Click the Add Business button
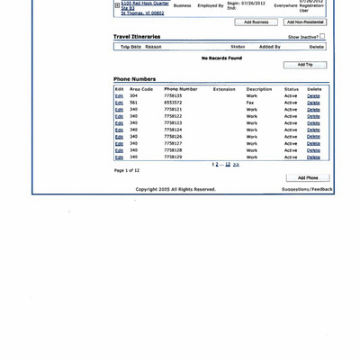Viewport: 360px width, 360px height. (256, 22)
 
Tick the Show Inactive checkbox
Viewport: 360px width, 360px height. (323, 37)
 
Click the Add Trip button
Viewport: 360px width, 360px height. (305, 65)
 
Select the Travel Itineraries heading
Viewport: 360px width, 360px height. (137, 37)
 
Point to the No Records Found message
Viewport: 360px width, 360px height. (221, 58)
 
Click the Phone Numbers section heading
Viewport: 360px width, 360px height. (134, 79)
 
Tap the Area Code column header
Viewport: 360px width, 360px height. (141, 89)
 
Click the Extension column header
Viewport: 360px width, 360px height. (224, 89)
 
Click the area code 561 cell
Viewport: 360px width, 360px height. (134, 103)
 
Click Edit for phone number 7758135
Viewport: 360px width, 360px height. (119, 96)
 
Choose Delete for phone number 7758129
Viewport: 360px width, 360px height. (313, 157)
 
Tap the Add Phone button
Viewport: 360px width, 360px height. (308, 178)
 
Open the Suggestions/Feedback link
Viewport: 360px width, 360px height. (307, 189)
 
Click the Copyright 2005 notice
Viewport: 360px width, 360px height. (175, 189)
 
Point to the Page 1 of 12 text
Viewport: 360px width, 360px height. (127, 170)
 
